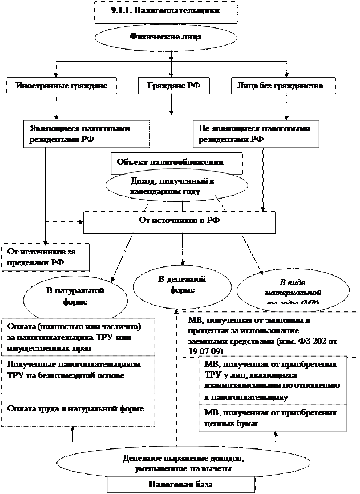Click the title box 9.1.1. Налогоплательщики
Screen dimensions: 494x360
coord(165,11)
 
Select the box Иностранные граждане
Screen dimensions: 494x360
coord(62,86)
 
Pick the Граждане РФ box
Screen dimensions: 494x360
coord(173,86)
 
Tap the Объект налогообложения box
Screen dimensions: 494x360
coord(176,163)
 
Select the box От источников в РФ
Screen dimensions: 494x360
coord(179,221)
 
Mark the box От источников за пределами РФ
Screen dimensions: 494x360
coord(45,256)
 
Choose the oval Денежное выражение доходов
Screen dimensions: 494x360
coord(183,463)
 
